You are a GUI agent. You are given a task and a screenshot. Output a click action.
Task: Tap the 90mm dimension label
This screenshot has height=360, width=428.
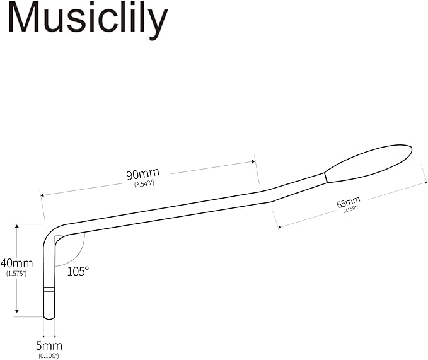pos(142,173)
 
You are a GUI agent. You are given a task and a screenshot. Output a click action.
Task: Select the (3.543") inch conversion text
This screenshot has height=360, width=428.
pos(144,183)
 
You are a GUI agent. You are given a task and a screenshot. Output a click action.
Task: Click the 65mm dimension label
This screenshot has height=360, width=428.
pos(348,203)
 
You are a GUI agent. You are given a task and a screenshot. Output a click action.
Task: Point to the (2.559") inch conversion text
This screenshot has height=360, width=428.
pos(350,209)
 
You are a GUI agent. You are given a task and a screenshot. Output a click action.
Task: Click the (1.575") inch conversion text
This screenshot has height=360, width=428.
pos(16,274)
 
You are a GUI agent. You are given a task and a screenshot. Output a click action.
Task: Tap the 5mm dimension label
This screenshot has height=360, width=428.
pos(49,346)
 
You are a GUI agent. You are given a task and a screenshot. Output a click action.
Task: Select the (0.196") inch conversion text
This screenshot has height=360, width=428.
pos(49,356)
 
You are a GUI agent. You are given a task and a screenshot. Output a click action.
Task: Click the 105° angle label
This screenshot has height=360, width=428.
pos(78,270)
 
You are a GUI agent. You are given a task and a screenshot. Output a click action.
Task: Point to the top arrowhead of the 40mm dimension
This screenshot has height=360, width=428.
pos(17,226)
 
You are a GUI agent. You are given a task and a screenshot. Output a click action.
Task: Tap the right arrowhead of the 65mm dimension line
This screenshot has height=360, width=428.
pos(424,183)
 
